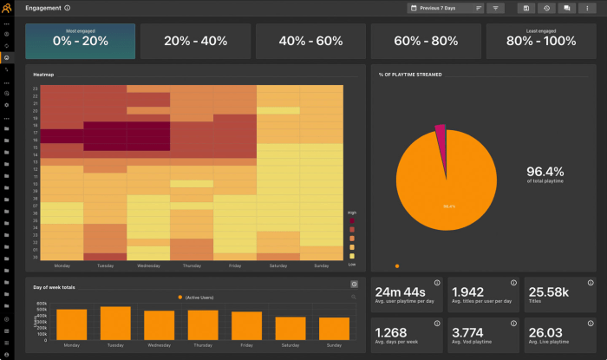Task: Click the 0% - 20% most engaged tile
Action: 79,41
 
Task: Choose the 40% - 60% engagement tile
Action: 310,41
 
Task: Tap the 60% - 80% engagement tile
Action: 425,41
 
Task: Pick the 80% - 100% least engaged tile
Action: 540,41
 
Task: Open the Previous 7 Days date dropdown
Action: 445,8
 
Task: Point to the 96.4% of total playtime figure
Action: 545,172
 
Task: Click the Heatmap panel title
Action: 43,75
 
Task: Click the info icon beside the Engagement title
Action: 68,8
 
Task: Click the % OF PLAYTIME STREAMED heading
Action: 410,75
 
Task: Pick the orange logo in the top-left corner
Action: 7,9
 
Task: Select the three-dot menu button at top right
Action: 586,8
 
